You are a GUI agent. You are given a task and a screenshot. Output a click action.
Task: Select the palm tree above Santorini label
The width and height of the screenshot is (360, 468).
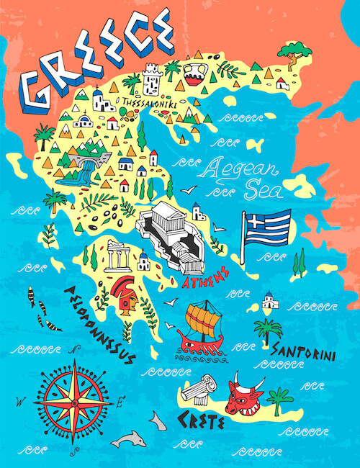pos(268,332)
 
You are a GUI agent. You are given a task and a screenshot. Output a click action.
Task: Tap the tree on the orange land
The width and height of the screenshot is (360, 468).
pos(291,52)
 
